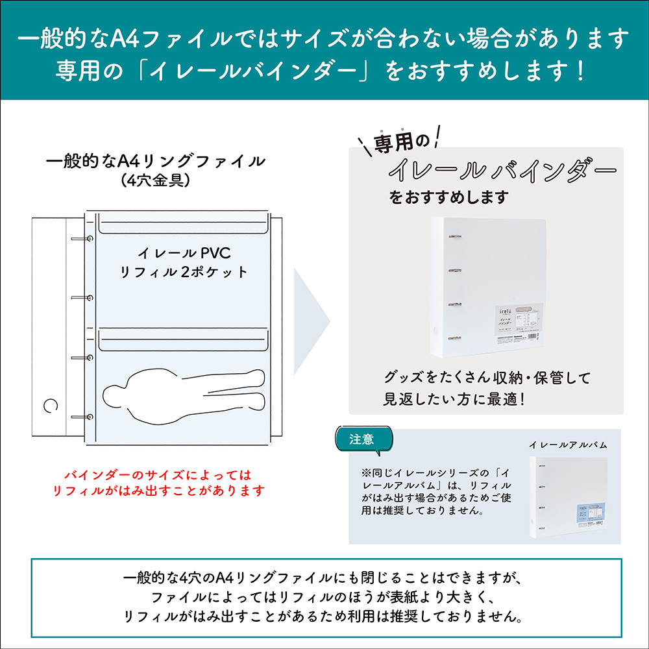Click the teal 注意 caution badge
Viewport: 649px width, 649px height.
click(362, 439)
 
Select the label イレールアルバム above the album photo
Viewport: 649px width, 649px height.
click(568, 445)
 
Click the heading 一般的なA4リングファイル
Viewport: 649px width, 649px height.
click(156, 161)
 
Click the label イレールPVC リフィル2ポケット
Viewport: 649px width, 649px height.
click(185, 262)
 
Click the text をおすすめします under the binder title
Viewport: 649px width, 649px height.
click(448, 197)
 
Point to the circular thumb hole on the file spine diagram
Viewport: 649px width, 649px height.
click(49, 406)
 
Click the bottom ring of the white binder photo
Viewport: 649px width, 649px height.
click(454, 339)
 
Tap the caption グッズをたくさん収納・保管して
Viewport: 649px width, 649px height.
click(487, 378)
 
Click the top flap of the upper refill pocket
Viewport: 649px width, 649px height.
click(184, 227)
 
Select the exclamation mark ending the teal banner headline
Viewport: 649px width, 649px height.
click(580, 71)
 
